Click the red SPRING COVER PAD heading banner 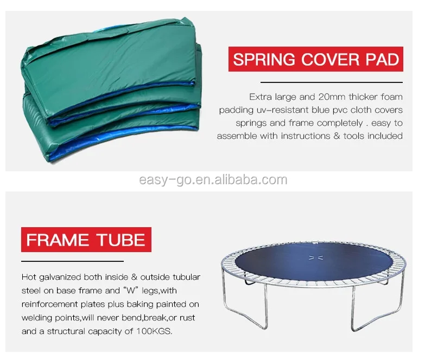click(x=316, y=59)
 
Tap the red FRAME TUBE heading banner click(x=86, y=240)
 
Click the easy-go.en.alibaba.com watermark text click(x=213, y=180)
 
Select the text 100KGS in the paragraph click(x=154, y=331)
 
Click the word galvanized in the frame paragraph click(x=60, y=277)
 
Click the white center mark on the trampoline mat click(x=316, y=258)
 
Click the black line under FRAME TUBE click(x=72, y=261)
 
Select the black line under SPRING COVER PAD click(x=332, y=82)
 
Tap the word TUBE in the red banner click(x=121, y=240)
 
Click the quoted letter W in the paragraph click(x=131, y=291)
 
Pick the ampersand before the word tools click(x=337, y=136)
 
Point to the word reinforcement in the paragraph click(x=49, y=304)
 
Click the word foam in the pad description click(x=392, y=97)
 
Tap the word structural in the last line click(x=66, y=331)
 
